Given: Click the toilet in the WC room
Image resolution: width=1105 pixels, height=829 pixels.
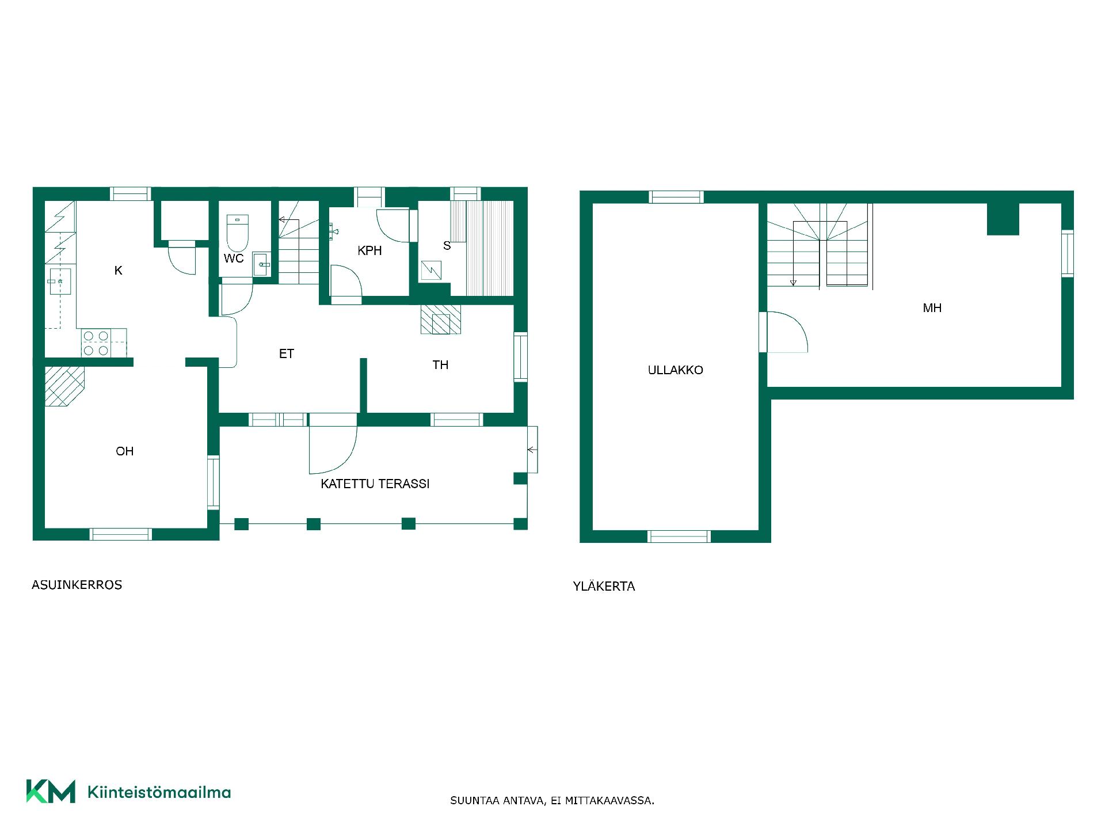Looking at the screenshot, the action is (237, 233).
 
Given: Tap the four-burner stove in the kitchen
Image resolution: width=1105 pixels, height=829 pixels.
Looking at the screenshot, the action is (96, 343).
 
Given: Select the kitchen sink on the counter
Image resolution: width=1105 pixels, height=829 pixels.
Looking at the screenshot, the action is (58, 281).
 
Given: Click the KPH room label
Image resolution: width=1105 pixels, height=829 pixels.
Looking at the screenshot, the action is (369, 250).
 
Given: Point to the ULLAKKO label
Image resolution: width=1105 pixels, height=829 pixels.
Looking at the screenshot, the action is (676, 370).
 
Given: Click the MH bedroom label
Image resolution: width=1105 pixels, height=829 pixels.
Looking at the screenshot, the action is (932, 308).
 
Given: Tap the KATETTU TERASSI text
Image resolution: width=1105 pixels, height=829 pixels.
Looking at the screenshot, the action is (375, 484).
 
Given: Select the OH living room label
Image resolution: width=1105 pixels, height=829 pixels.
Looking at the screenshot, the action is (125, 451).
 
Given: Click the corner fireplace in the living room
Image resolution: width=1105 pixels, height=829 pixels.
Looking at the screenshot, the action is (63, 387).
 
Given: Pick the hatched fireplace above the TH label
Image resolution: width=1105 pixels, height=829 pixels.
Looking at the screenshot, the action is (441, 320).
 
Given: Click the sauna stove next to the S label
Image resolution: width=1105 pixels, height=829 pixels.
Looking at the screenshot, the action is (431, 270).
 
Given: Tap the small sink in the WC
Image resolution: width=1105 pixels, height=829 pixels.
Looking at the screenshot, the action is (261, 265).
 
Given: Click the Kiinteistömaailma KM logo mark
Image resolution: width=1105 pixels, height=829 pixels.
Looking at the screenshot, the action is (51, 791).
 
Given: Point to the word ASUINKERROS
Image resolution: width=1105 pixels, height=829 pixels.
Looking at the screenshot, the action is (77, 585).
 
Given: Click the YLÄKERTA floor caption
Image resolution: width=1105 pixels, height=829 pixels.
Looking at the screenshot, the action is (604, 586).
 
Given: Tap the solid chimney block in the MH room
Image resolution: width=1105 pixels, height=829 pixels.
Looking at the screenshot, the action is (1003, 219).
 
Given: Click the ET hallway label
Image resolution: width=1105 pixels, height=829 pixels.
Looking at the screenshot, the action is (287, 354).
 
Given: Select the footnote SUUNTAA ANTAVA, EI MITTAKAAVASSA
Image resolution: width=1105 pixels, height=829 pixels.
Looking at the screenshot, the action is (552, 801).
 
